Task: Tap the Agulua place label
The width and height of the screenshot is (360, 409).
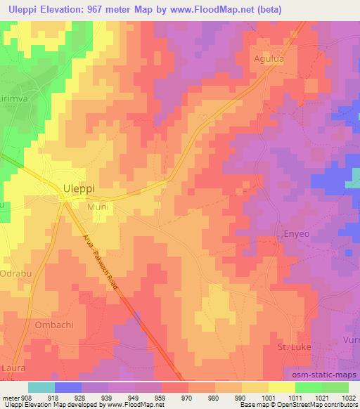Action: (270, 59)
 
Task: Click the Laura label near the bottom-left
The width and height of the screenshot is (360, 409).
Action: (15, 367)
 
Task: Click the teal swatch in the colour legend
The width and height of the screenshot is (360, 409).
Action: (41, 387)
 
